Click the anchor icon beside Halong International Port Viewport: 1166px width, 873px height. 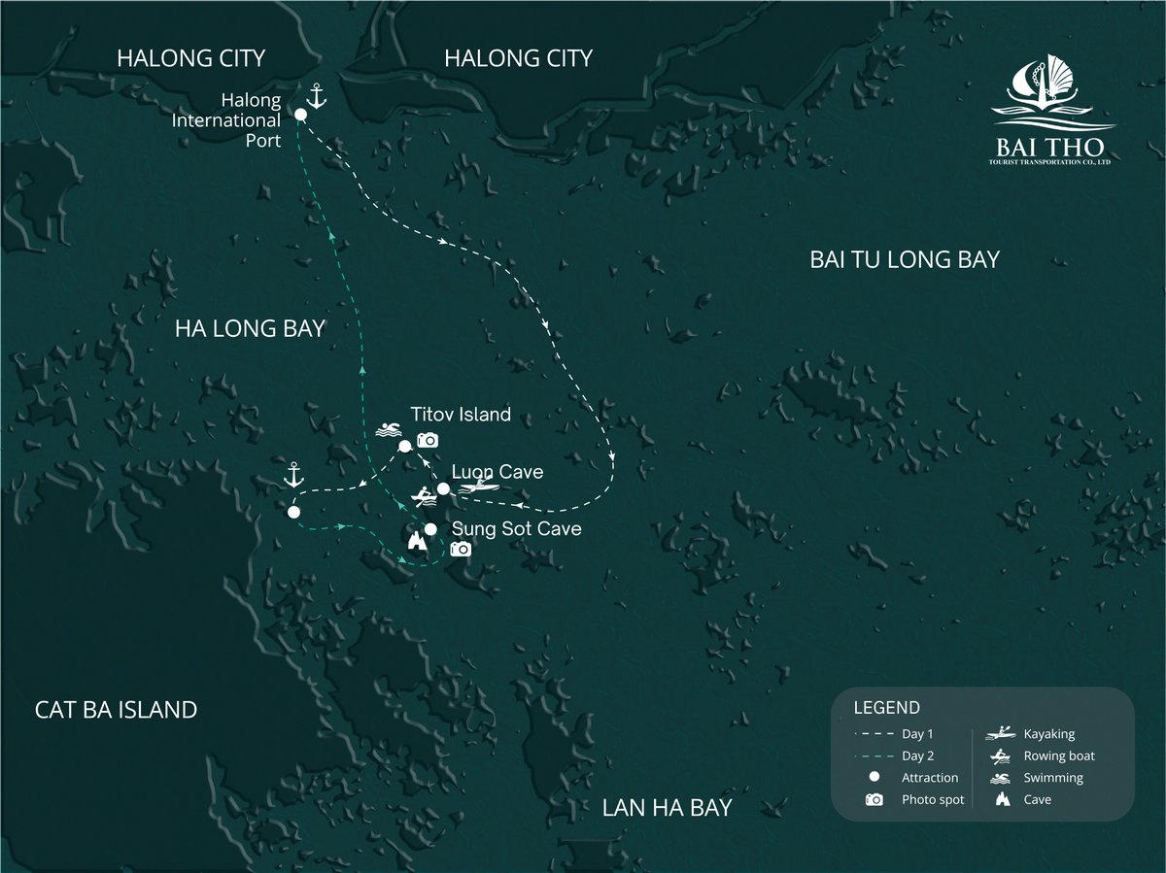tap(315, 95)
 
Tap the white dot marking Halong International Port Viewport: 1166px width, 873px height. tap(300, 115)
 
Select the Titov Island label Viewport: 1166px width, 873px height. tap(461, 415)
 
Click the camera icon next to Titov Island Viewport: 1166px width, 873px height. tap(428, 440)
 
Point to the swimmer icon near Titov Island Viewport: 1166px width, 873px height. tap(387, 430)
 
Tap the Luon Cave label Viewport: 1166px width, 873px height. tap(497, 472)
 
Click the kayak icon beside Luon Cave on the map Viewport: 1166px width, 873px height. tap(481, 487)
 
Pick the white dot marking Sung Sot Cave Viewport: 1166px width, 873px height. tap(429, 529)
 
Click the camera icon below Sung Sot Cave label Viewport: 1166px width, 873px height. tap(460, 550)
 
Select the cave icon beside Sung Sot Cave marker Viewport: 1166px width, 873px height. tap(417, 541)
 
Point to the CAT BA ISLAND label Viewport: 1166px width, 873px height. tap(116, 710)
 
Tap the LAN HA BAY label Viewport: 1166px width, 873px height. tap(667, 808)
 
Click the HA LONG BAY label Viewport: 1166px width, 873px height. tap(250, 329)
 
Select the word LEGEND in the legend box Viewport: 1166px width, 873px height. tap(886, 708)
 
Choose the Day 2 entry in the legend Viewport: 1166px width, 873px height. tap(918, 755)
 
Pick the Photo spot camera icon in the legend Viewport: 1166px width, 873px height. tap(874, 800)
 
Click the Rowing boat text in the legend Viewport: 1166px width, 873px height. tap(1059, 755)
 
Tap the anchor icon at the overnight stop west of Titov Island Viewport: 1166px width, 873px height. tap(292, 475)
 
